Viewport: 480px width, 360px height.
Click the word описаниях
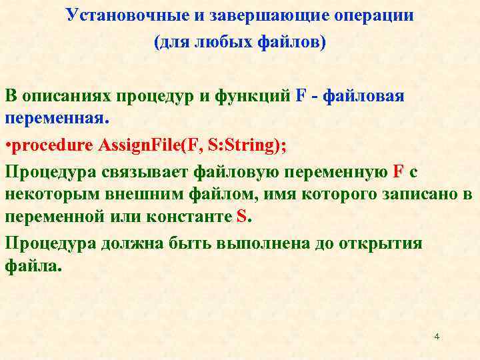(67, 95)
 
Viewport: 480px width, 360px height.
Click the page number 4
(437, 337)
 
